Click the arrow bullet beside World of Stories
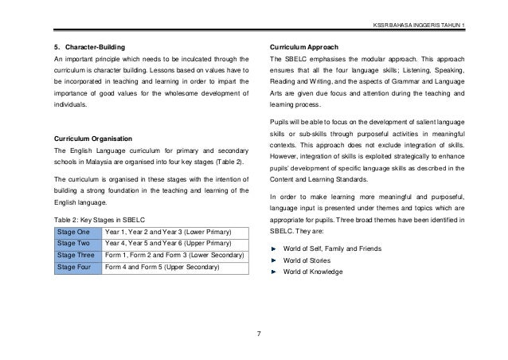[275, 260]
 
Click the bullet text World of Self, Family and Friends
[332, 249]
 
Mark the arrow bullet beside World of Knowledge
[275, 272]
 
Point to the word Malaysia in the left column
[99, 162]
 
